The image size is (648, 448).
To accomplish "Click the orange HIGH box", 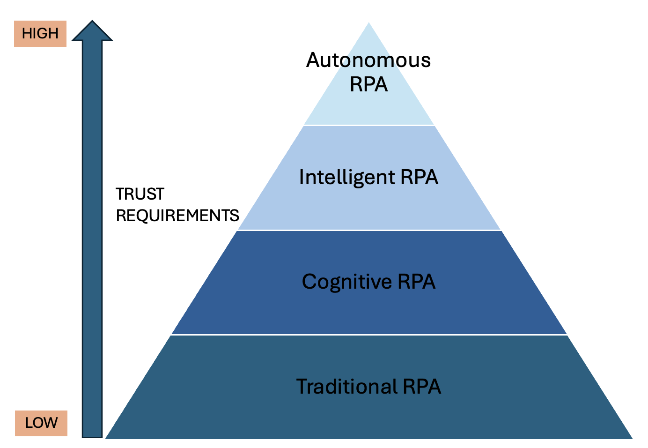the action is [40, 34].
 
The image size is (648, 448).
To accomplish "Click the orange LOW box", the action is [41, 423].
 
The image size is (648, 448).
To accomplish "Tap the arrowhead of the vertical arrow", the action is [92, 31].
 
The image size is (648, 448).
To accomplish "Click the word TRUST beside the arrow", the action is [140, 194].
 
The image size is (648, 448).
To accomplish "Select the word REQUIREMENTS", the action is [177, 216].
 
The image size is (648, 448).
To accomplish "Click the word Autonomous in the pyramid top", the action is [368, 60].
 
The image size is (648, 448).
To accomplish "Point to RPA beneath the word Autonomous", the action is [369, 84].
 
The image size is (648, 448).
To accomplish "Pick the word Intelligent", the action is [347, 177].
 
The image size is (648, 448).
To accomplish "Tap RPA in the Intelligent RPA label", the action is [420, 177].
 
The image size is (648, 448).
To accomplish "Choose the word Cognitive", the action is [347, 282].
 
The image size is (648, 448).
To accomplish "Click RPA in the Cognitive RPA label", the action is [417, 281].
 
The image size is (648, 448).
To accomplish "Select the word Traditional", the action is [347, 386].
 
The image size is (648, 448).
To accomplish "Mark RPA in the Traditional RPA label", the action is [422, 386].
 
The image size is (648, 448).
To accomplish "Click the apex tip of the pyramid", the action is [369, 22].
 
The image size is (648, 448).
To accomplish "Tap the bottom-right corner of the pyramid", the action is [633, 439].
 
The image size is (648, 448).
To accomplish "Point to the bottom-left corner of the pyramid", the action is [105, 439].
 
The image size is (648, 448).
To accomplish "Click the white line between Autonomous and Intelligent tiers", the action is [369, 126].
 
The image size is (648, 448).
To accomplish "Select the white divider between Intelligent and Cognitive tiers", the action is [369, 230].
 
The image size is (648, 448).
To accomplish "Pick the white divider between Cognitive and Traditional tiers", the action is [369, 335].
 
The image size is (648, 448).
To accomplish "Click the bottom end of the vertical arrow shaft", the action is [92, 437].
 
